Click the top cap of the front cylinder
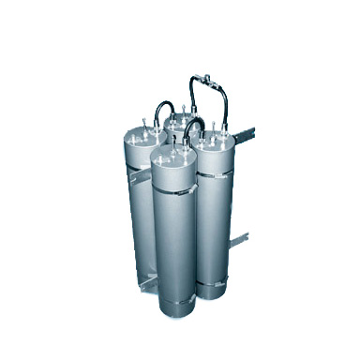coord(173,155)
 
